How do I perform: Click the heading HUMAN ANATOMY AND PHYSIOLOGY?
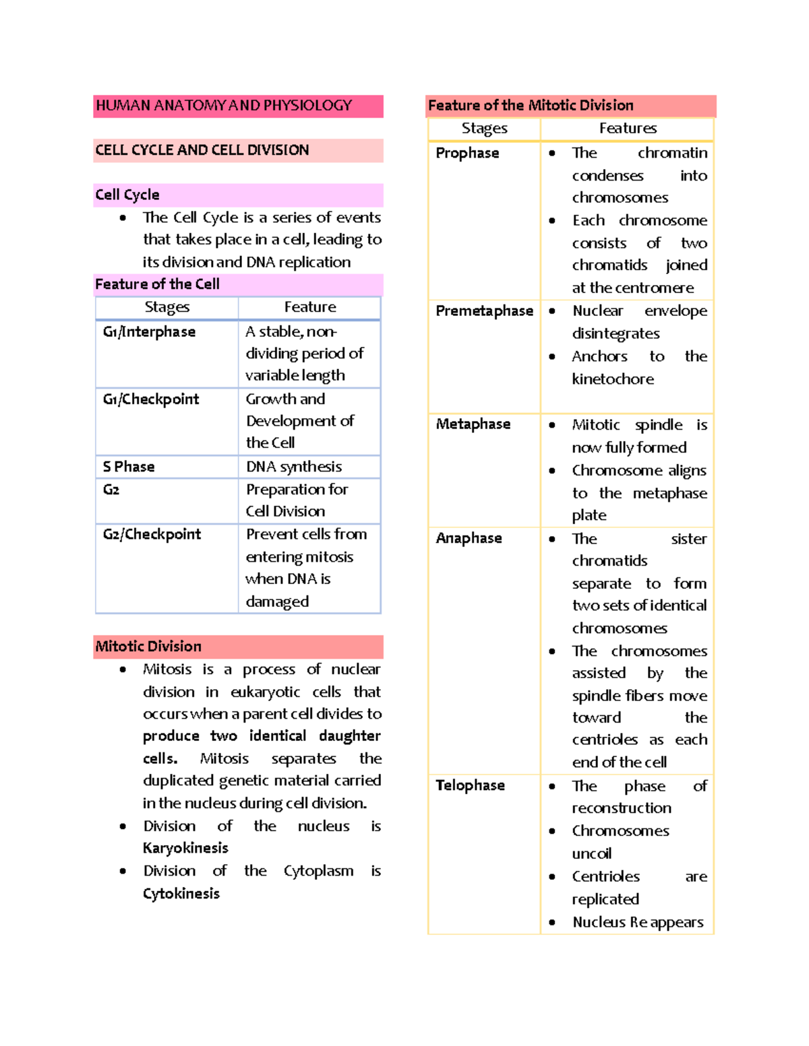(224, 106)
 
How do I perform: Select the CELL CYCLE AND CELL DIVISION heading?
(202, 150)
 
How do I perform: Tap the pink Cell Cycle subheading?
(127, 195)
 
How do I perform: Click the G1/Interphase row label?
(149, 331)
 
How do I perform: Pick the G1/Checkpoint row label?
(151, 399)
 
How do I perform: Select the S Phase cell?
(129, 466)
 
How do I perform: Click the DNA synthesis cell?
(294, 466)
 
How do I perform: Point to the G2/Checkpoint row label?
(152, 534)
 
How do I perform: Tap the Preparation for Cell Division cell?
(297, 500)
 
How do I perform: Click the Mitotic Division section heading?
(148, 647)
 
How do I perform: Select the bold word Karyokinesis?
(185, 848)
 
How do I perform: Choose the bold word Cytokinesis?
(181, 894)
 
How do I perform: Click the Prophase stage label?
(467, 153)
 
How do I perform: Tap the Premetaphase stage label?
(484, 310)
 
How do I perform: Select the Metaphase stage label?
(473, 424)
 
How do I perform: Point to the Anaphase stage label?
(469, 538)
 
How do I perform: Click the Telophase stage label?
(470, 785)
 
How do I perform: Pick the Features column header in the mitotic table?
(628, 128)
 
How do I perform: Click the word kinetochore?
(613, 379)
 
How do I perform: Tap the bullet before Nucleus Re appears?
(552, 923)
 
